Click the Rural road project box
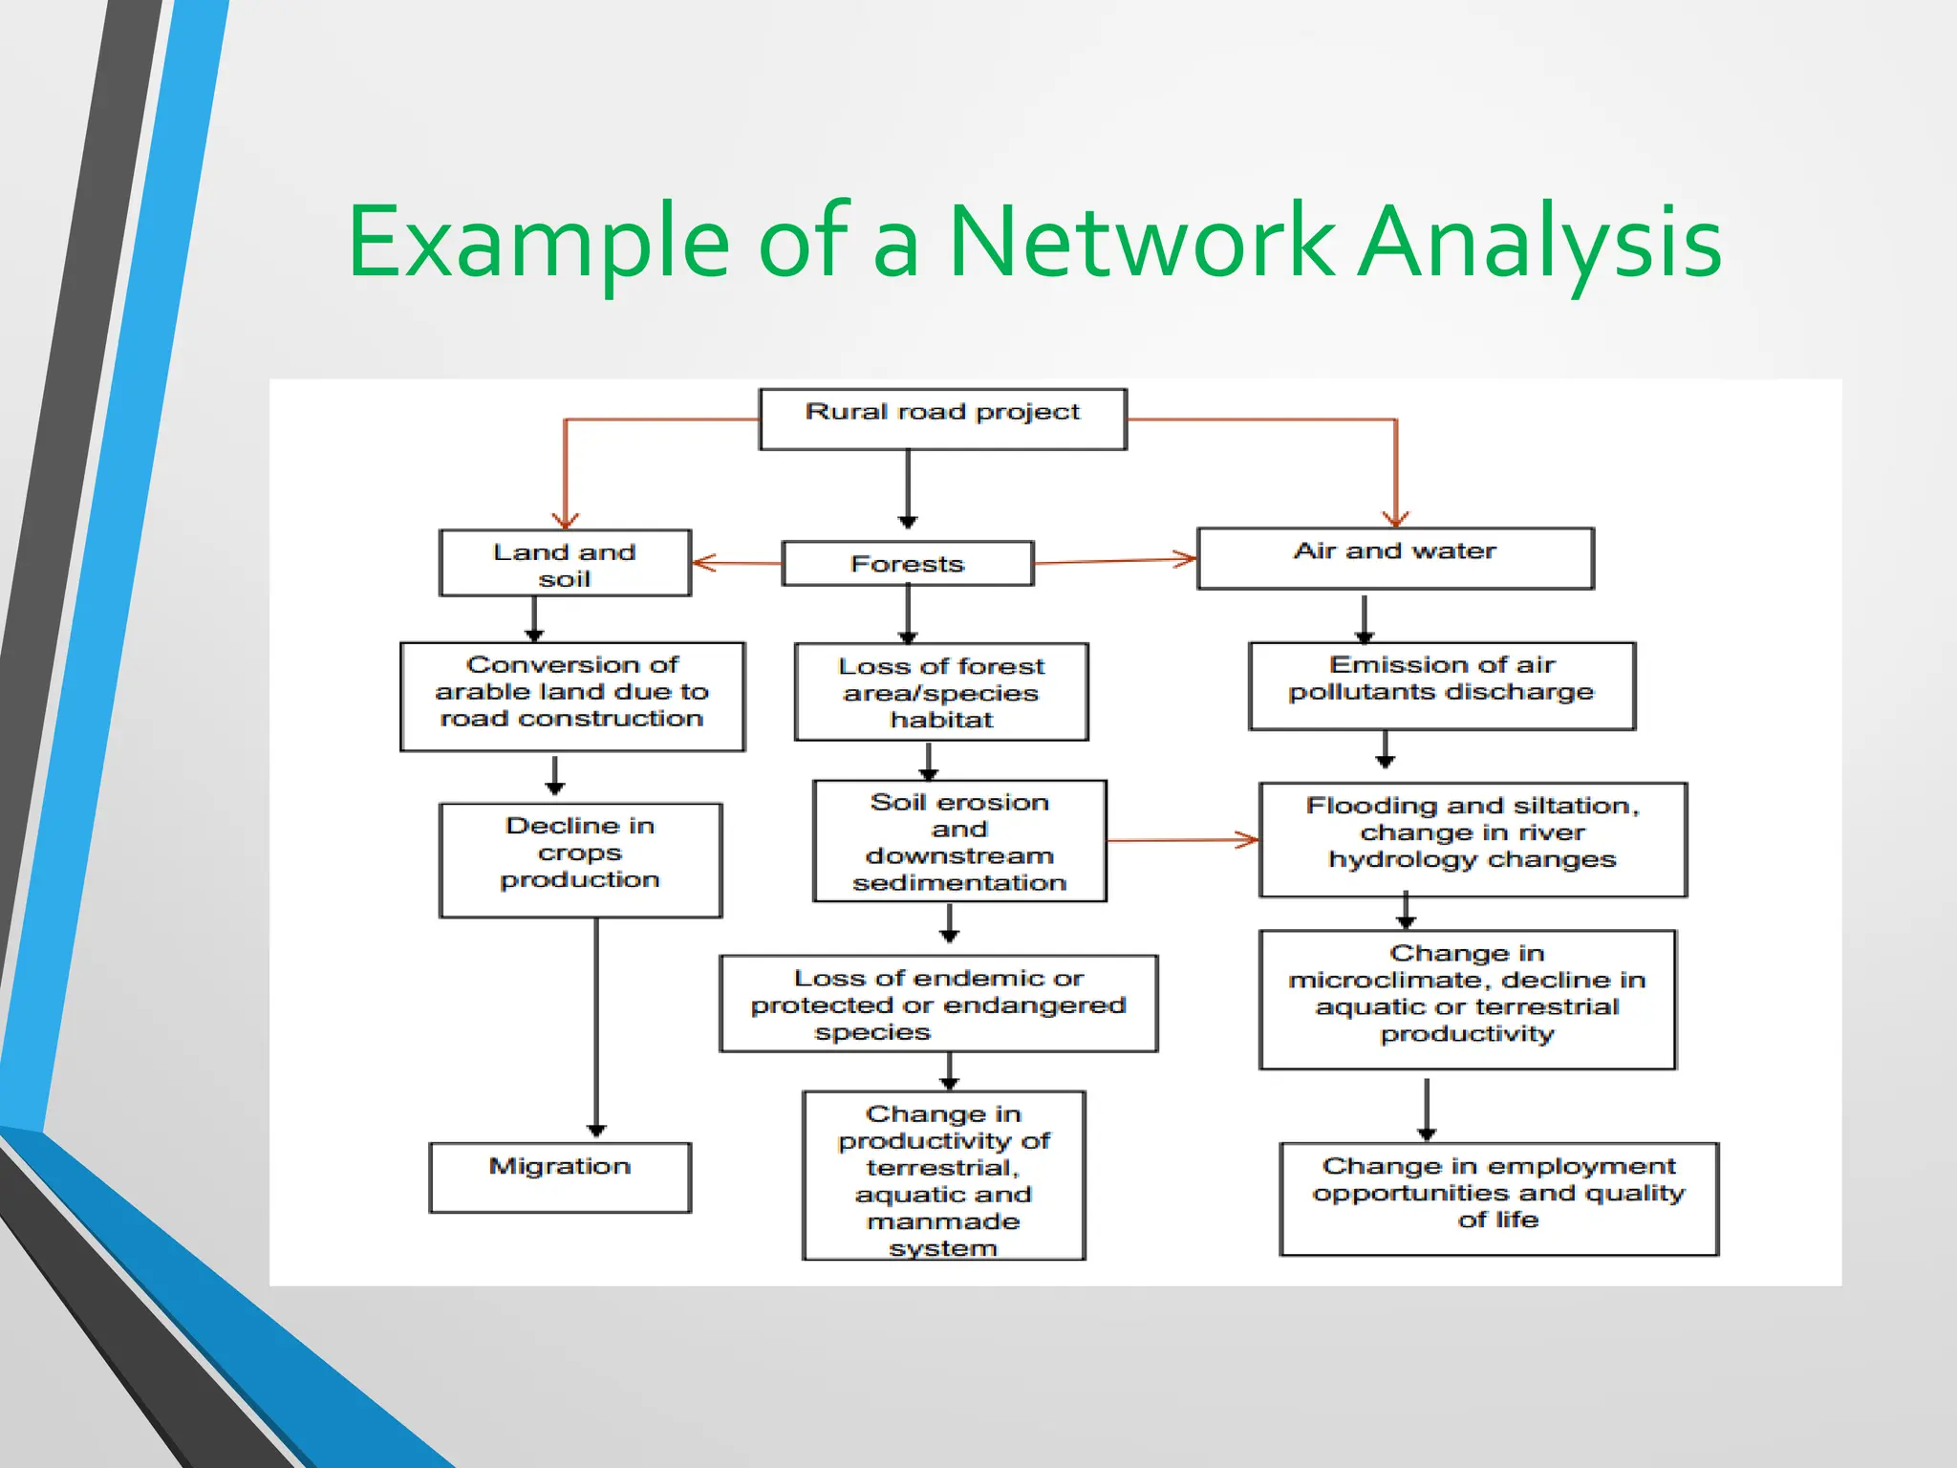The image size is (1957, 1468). (942, 419)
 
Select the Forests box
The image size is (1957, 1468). (908, 563)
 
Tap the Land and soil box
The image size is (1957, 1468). (565, 563)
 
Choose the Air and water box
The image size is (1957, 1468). (1395, 558)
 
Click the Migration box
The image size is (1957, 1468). (560, 1177)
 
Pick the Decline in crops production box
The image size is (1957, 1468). (580, 859)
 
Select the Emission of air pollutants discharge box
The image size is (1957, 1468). (1442, 685)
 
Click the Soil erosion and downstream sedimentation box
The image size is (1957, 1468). (959, 840)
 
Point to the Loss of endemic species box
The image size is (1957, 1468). (938, 1004)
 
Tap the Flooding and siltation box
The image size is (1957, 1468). (1473, 839)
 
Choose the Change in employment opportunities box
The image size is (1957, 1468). (1498, 1198)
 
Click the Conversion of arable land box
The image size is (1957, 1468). (572, 696)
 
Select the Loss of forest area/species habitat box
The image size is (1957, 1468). (941, 691)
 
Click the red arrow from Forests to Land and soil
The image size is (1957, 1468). (736, 563)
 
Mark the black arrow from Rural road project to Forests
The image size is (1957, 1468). (908, 487)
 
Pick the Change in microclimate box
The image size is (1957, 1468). (1467, 999)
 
